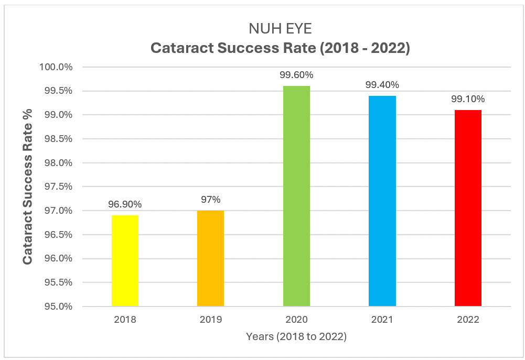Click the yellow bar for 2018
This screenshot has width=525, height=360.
[x=125, y=260]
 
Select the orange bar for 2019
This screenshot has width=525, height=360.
[x=210, y=258]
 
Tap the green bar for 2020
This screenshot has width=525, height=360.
[x=296, y=196]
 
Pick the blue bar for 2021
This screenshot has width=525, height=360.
[x=382, y=201]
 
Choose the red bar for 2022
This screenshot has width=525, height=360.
[x=468, y=208]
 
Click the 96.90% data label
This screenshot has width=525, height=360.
[x=125, y=204]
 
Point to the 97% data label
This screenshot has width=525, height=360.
[x=210, y=200]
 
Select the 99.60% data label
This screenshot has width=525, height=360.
[x=296, y=75]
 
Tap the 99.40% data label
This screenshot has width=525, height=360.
[x=382, y=85]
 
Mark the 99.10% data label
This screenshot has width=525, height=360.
[x=468, y=99]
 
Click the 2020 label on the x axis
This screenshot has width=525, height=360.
[x=296, y=319]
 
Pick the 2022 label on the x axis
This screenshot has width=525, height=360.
[x=468, y=319]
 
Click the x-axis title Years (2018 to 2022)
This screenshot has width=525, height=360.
[x=296, y=337]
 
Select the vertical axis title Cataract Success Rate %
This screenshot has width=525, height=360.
[x=27, y=186]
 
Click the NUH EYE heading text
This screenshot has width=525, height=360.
[x=280, y=29]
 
